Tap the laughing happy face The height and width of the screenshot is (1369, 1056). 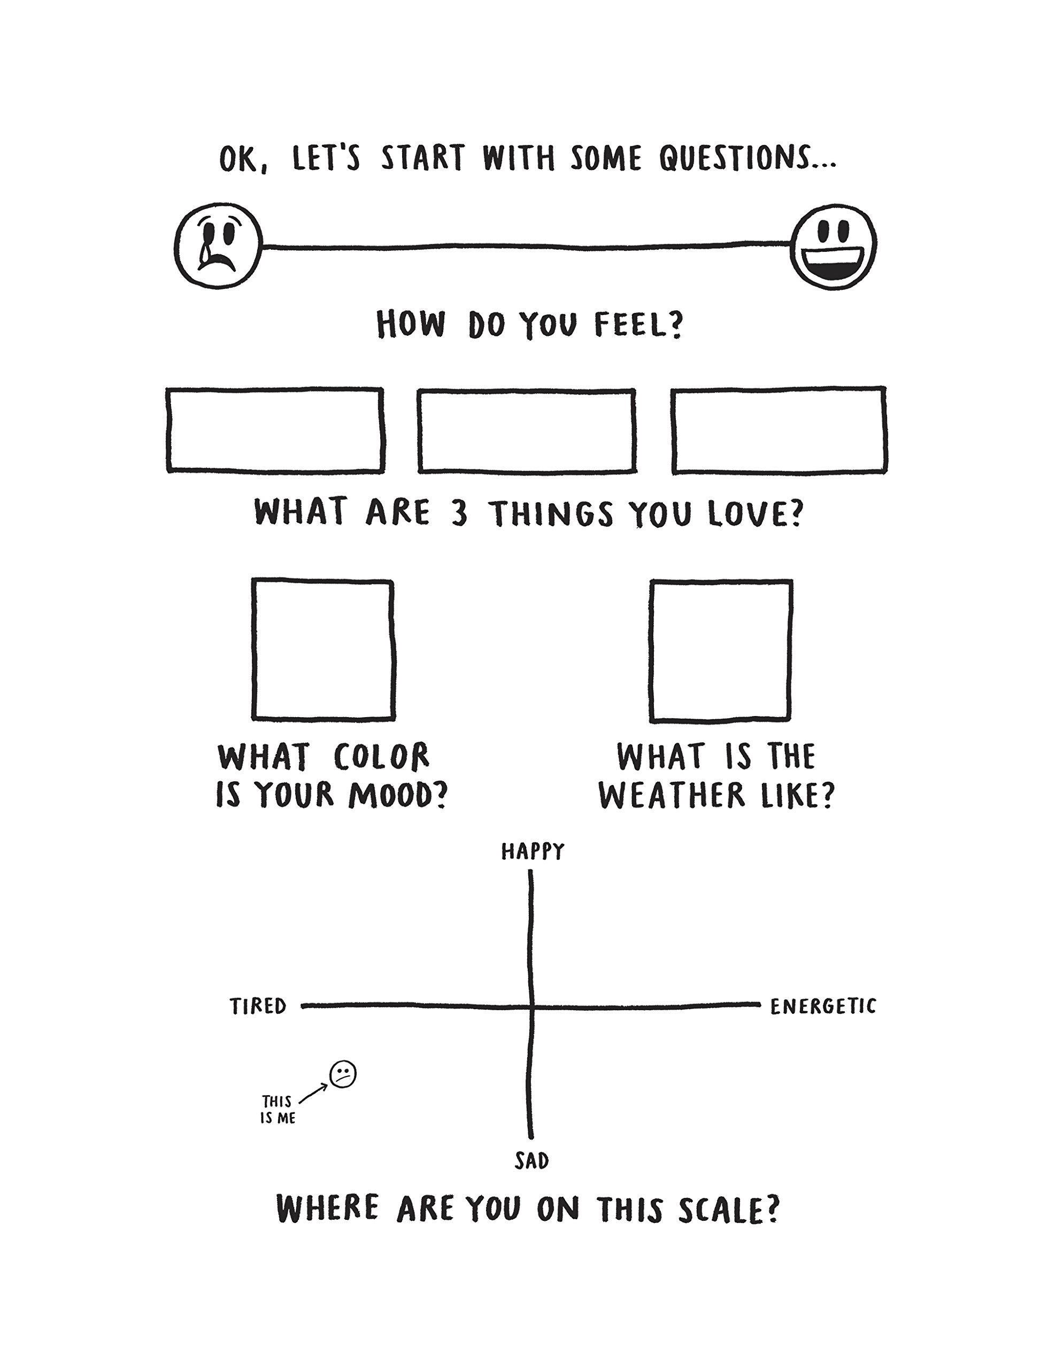(834, 247)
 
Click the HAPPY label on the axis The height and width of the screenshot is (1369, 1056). (533, 851)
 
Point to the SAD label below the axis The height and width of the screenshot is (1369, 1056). (531, 1161)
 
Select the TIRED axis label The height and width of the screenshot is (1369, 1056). (258, 1006)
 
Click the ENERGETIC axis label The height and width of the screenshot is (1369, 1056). (823, 1006)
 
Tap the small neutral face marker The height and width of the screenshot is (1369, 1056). (343, 1074)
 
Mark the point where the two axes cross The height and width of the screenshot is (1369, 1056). (531, 1006)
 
